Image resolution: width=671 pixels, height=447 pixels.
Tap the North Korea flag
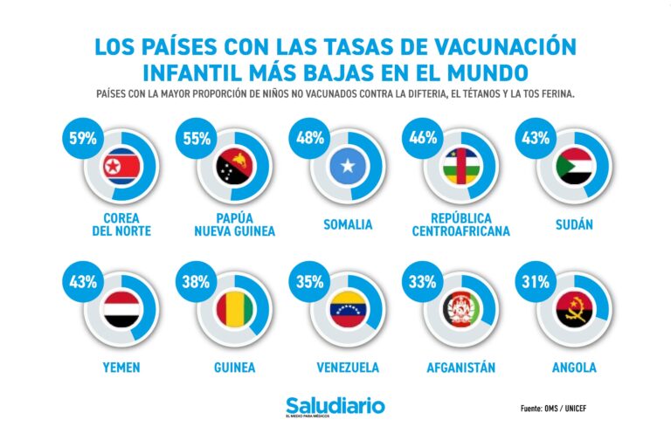(121, 166)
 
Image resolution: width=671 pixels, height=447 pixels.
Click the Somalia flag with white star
(347, 166)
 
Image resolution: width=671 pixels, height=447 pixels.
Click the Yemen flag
(121, 309)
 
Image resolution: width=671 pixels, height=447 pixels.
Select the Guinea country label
(234, 368)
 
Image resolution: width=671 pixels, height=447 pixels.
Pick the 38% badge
(194, 281)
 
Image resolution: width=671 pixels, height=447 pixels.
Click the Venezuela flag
(347, 309)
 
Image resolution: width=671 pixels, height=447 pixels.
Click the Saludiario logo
(335, 407)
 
